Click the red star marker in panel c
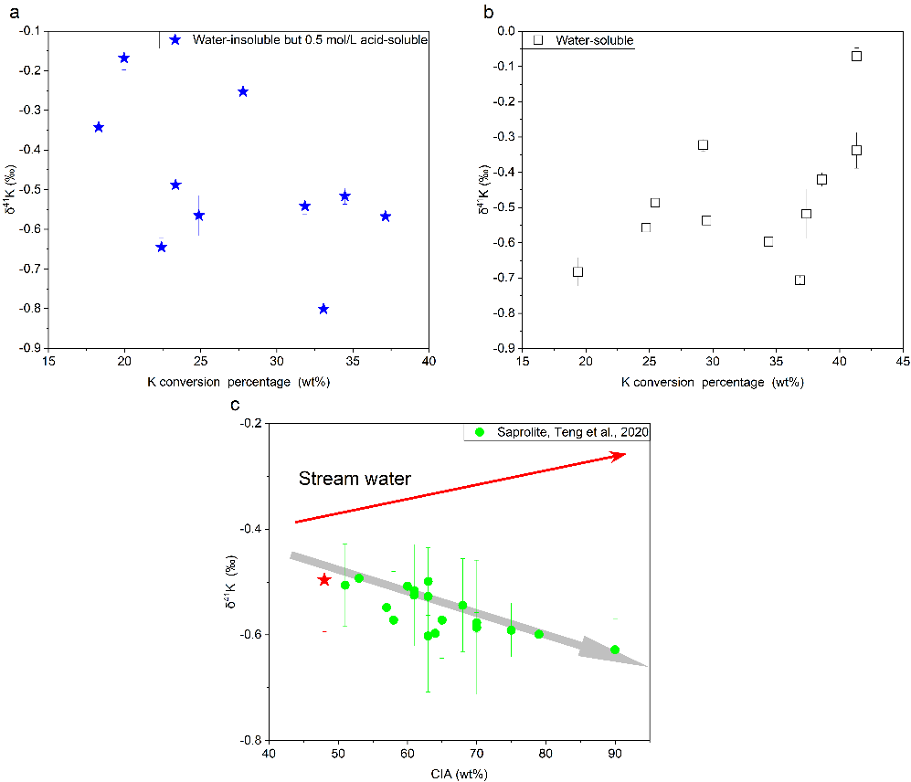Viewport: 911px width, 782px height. click(324, 580)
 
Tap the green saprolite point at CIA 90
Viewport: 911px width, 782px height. click(615, 650)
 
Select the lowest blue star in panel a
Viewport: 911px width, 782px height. click(323, 309)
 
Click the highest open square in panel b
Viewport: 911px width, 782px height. click(856, 56)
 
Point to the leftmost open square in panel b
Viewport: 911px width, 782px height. click(577, 271)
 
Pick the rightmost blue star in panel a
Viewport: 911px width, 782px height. click(386, 217)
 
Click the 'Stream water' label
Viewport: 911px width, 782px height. click(355, 478)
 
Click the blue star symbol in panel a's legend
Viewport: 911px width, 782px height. click(176, 40)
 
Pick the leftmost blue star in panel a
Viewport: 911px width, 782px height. click(99, 128)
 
